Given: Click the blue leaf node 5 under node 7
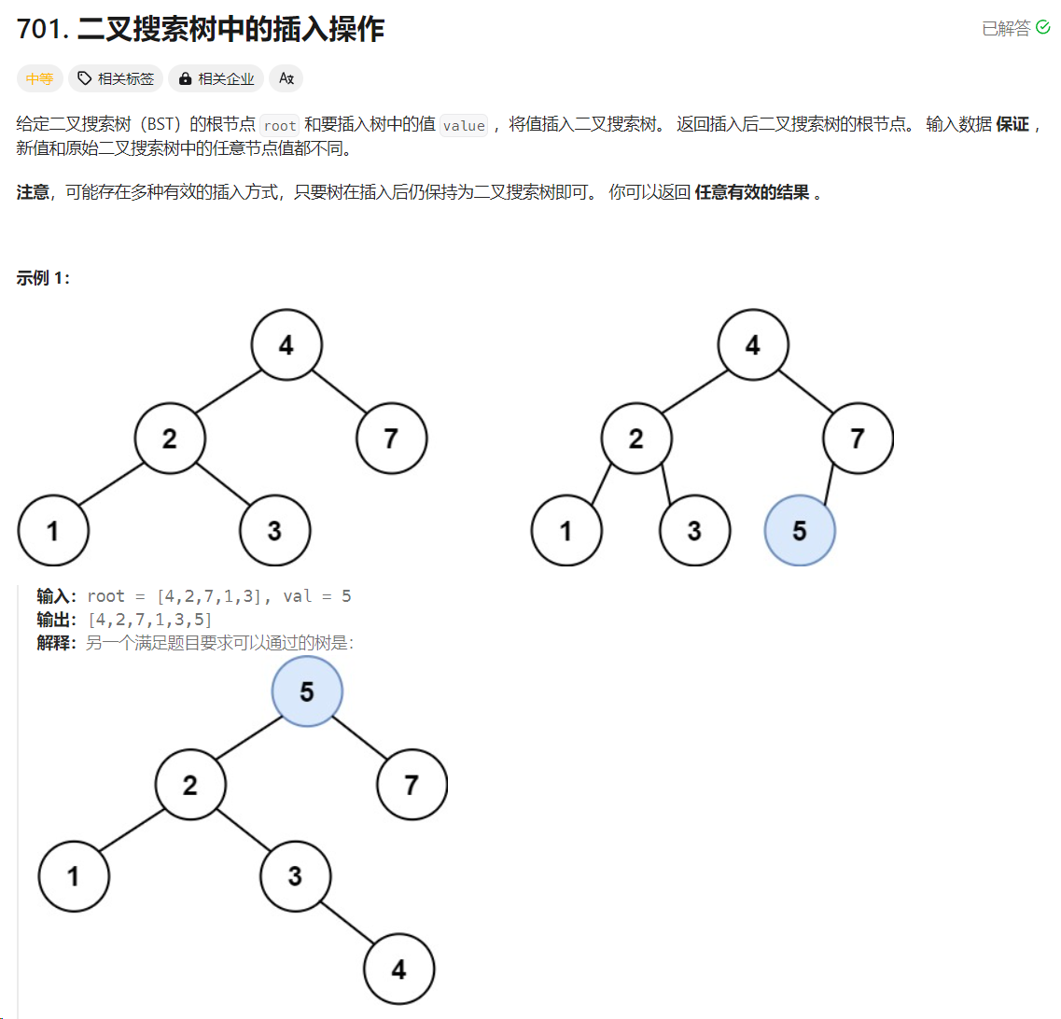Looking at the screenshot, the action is (x=800, y=530).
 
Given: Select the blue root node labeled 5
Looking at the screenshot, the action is (x=307, y=691).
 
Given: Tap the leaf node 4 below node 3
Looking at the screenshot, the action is (x=398, y=970).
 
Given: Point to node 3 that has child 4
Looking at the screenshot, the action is (x=295, y=876).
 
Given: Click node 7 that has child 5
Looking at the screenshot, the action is (x=858, y=438).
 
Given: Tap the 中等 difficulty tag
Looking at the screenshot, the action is (x=39, y=79).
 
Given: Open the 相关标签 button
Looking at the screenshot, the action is (x=116, y=79).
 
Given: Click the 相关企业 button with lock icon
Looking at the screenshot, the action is (x=216, y=79).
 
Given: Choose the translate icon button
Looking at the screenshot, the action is (x=286, y=79).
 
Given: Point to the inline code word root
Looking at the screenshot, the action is (x=279, y=125).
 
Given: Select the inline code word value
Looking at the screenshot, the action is (x=464, y=125).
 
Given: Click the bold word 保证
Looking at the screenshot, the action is (x=1012, y=124).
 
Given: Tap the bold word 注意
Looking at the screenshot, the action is (x=33, y=194).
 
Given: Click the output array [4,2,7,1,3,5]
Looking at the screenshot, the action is (x=150, y=620).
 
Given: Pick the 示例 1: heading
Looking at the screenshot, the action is (x=43, y=277).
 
